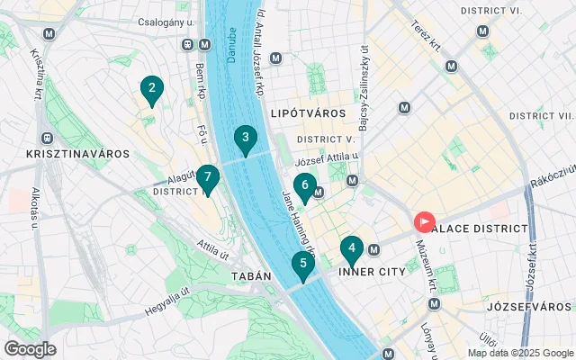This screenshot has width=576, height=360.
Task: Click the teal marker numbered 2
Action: pos(151,89)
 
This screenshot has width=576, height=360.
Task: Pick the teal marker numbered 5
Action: pos(302,265)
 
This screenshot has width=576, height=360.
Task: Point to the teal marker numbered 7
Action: pos(208,178)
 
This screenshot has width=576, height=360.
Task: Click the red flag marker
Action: pos(423,221)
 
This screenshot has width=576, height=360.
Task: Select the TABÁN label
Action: pos(250,276)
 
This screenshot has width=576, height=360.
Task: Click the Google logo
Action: pos(30,349)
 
